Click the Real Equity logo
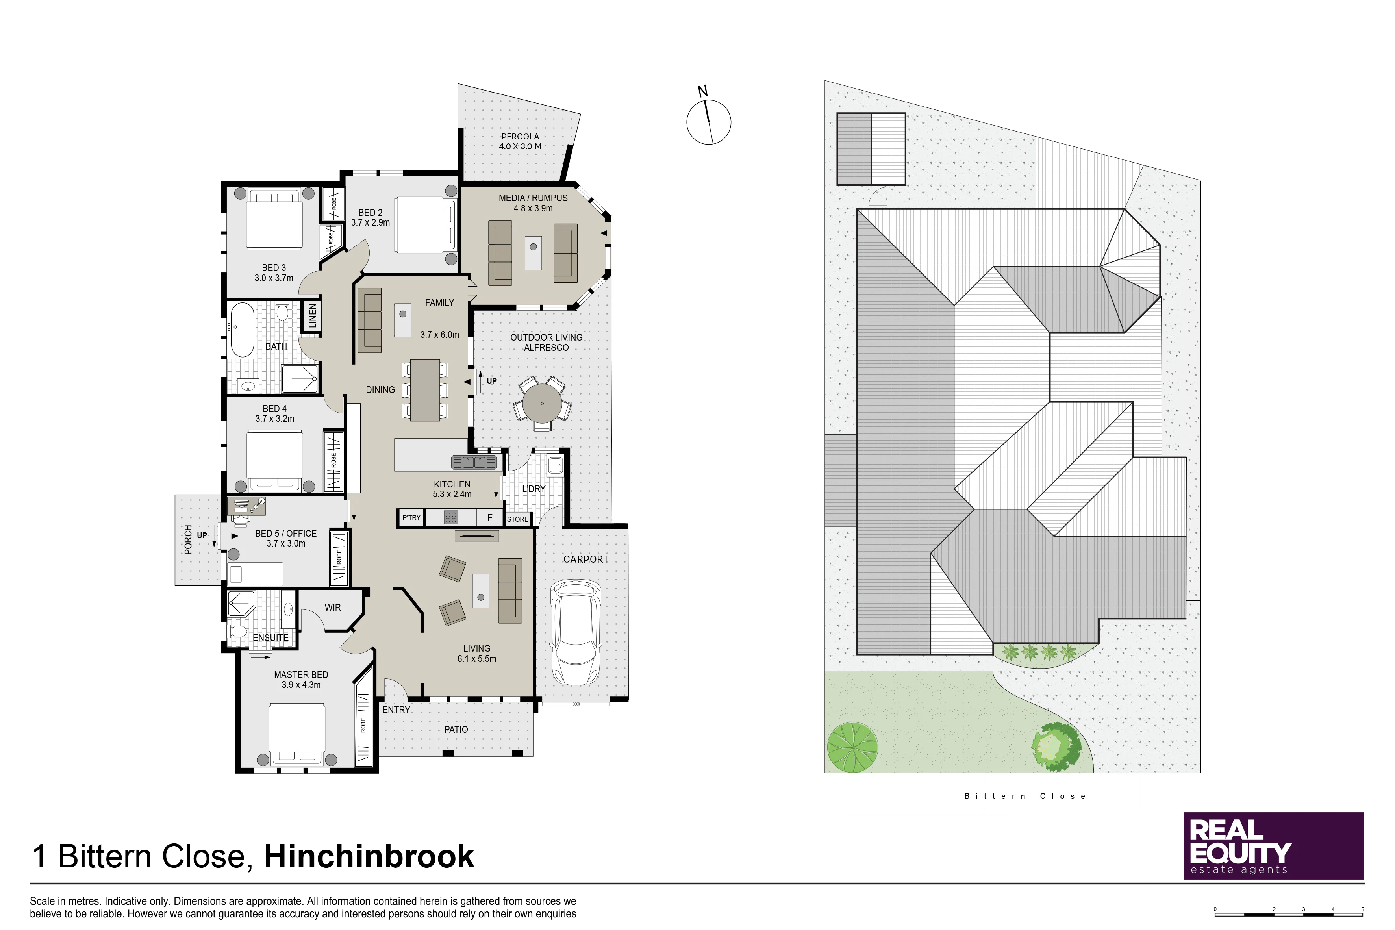point(1273,845)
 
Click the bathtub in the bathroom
point(242,330)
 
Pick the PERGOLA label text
point(520,136)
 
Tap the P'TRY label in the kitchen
point(411,518)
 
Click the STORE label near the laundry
point(517,519)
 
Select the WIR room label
point(333,608)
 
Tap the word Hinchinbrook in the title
point(369,856)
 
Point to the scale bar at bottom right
point(1289,914)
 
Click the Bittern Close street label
point(1025,796)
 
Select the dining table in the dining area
point(425,390)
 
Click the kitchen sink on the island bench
point(474,462)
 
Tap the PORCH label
point(188,540)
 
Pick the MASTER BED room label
point(301,675)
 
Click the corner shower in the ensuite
point(241,603)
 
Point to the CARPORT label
point(586,559)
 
